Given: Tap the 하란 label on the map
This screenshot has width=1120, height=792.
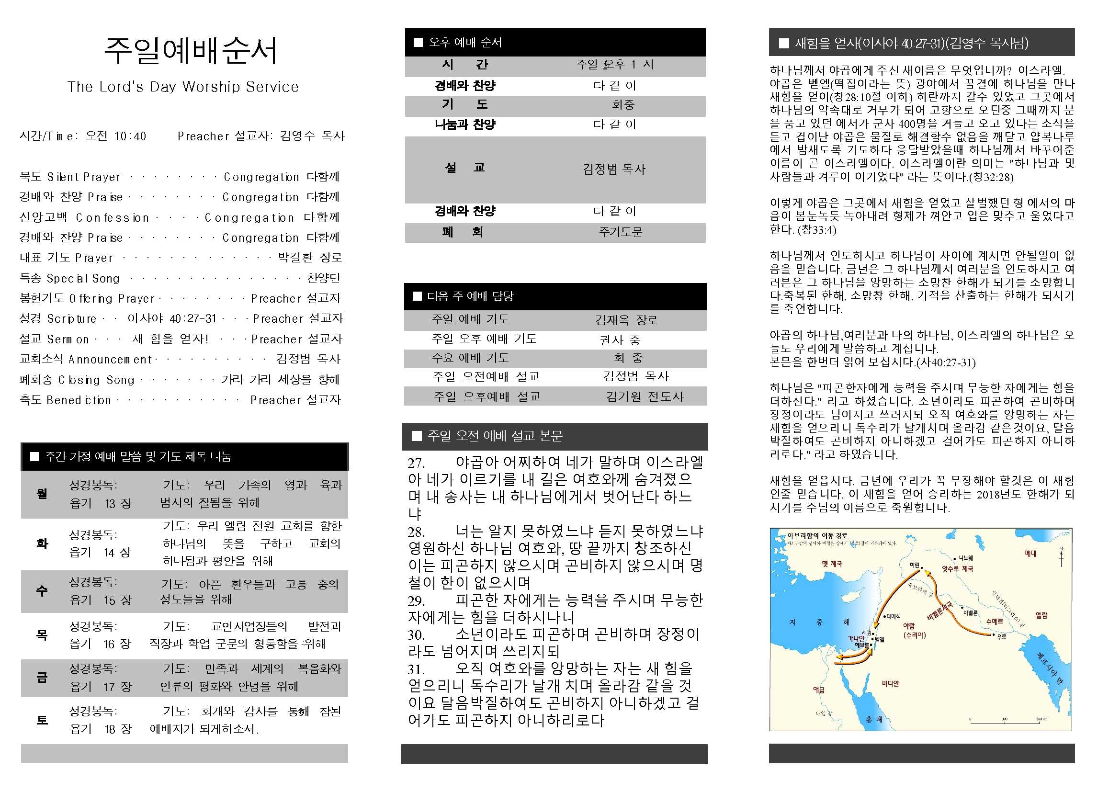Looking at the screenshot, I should tap(914, 565).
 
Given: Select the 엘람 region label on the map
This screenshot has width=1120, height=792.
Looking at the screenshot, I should tap(1041, 615).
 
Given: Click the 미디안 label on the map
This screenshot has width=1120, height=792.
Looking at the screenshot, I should tap(890, 684).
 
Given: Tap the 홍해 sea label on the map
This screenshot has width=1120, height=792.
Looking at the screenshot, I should tap(874, 719).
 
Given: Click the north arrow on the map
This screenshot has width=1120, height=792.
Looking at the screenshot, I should tap(1061, 556).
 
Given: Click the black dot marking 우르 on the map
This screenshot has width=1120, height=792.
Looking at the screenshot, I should tap(994, 635).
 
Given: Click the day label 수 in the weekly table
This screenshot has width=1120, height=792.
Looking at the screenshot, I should tap(42, 591).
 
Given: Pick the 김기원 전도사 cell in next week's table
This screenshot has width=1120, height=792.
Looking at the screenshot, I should tap(645, 396).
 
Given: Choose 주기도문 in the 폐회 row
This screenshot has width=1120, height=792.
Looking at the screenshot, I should tap(621, 232).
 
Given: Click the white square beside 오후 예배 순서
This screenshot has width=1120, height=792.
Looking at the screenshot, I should tap(418, 43).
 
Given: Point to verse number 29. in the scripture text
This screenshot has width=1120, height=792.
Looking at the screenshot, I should tap(416, 601).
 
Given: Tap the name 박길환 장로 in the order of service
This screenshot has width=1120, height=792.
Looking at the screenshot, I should tap(310, 257).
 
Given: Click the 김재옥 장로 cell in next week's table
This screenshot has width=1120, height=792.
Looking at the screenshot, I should tap(626, 320).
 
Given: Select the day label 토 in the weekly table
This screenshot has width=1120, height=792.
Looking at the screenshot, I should tap(42, 720).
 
